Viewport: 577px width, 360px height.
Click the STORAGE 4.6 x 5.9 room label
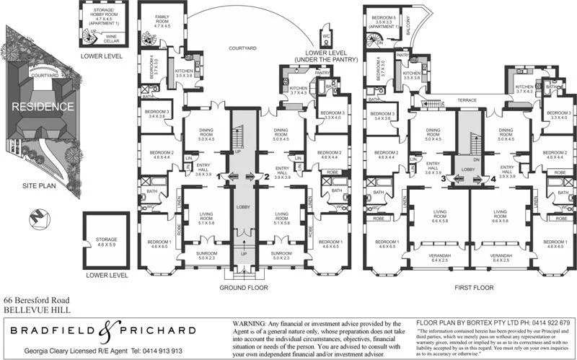[106, 243]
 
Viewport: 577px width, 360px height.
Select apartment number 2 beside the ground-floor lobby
[266, 176]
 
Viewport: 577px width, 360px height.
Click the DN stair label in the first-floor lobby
[475, 159]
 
